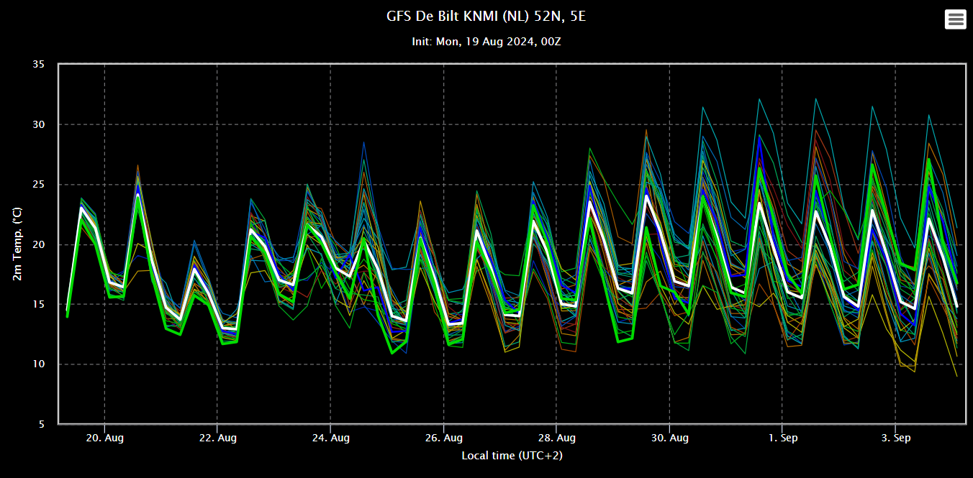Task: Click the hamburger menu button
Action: [956, 19]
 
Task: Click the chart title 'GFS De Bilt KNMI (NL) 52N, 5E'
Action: [486, 16]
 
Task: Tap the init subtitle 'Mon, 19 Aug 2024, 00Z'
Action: [486, 42]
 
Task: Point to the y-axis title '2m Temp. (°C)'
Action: [17, 244]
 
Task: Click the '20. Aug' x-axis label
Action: [105, 438]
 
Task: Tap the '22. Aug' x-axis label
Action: [218, 438]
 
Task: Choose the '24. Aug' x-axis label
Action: [331, 438]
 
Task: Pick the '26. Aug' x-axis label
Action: [444, 438]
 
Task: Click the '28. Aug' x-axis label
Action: [556, 438]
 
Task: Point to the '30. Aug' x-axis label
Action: [669, 438]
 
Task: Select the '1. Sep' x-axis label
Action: [782, 438]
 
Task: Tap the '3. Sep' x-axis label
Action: [895, 438]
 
